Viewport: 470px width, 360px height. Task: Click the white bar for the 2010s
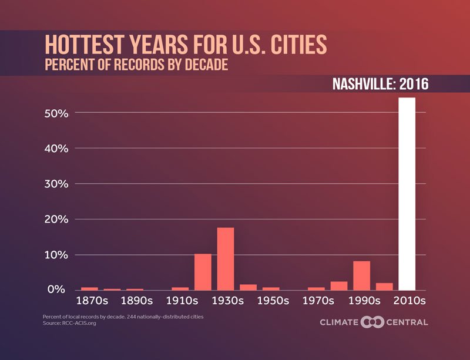(407, 194)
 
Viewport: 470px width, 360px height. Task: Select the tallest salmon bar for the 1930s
(226, 259)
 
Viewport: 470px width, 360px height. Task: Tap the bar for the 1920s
(203, 272)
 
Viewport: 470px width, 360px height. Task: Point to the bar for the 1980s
(339, 286)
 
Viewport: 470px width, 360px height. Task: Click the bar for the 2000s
(384, 287)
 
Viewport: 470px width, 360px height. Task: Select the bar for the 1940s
(249, 287)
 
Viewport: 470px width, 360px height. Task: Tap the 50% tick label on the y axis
(56, 113)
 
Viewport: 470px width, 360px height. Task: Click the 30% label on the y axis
(56, 184)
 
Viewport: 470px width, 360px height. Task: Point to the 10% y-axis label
(56, 255)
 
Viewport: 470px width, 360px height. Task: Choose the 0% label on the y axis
(59, 290)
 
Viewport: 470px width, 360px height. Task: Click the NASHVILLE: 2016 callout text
(381, 83)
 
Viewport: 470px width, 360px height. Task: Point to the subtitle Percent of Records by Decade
(136, 64)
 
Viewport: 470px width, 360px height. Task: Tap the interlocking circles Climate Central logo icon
(372, 322)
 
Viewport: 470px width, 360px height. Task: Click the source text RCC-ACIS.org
(79, 323)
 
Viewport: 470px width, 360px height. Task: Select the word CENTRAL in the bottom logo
(407, 322)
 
